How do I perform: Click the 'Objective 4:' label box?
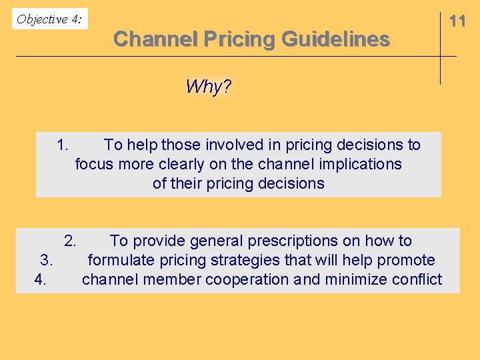point(50,19)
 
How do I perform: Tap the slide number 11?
point(457,21)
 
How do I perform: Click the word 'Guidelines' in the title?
point(335,39)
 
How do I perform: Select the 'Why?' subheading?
point(209,87)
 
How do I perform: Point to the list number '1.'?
point(64,145)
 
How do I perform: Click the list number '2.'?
point(71,241)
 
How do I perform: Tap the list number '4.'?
point(41,279)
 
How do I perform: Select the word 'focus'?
point(95,164)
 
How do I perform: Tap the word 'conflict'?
point(414,279)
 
